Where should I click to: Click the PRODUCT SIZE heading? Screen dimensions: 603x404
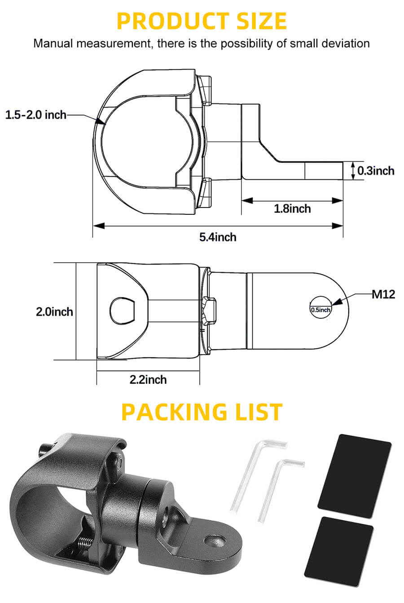tap(202, 21)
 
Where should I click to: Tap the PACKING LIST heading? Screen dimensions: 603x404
tap(202, 412)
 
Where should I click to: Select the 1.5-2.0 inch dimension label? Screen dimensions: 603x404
tap(35, 115)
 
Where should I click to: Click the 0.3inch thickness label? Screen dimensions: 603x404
tap(376, 170)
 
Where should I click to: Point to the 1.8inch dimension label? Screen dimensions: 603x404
tap(292, 208)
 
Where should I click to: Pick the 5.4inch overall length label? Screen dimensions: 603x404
tap(218, 237)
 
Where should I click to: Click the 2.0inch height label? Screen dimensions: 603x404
tap(54, 311)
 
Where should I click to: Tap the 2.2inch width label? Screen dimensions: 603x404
tap(148, 379)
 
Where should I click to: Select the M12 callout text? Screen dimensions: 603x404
tap(383, 294)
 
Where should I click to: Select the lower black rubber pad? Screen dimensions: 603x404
tap(339, 551)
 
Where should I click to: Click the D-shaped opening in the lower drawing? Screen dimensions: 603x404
tap(123, 310)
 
